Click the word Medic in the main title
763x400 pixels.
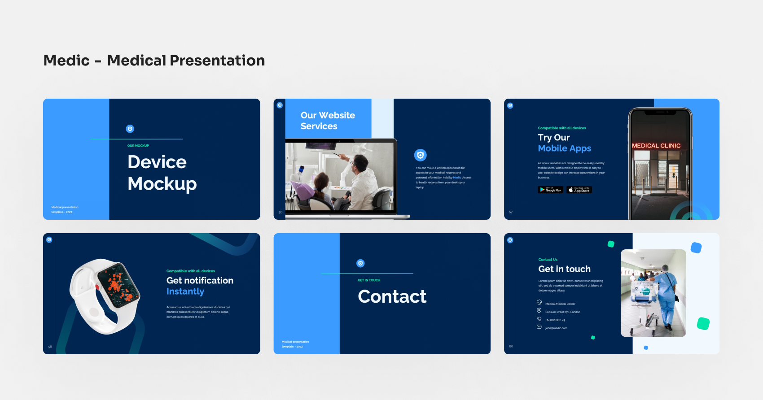pos(66,61)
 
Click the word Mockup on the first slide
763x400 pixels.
pos(162,184)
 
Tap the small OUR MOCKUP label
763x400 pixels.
pos(138,146)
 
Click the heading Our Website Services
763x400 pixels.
pos(328,121)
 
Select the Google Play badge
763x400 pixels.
pos(550,190)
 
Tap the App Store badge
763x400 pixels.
pos(579,190)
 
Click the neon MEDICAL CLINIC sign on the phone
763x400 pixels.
pos(656,146)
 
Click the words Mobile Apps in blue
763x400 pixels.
pos(564,148)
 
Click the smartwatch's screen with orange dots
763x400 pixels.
pos(117,285)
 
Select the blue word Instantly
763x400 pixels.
pos(185,291)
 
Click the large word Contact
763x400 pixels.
pos(392,296)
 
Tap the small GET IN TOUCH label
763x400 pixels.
pos(368,280)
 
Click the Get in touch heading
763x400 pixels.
pos(564,269)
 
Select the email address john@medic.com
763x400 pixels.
pos(556,328)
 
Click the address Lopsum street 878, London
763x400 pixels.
pos(562,312)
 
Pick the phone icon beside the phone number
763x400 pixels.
pos(539,319)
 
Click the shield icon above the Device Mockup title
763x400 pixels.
pos(130,129)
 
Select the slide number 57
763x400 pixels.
pos(510,212)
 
